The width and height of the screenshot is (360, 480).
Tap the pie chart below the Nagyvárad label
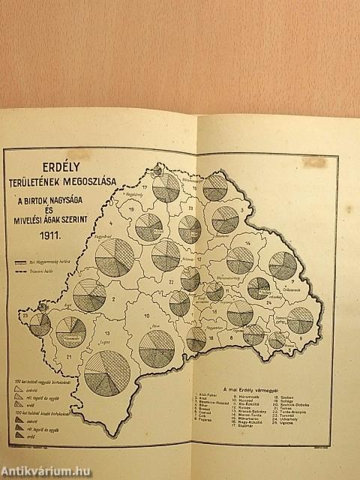click(x=115, y=257)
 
